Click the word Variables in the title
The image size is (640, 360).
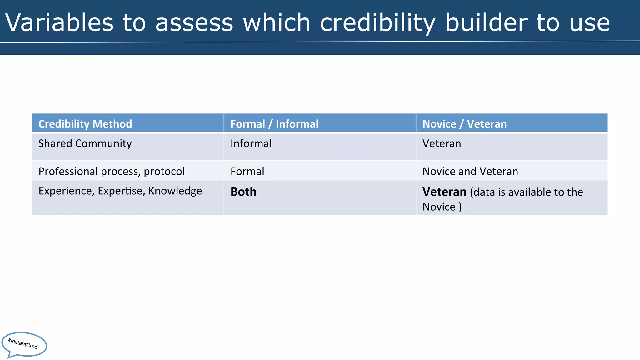click(x=59, y=23)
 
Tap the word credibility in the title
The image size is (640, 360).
click(x=377, y=23)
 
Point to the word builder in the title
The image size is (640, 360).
click(x=486, y=23)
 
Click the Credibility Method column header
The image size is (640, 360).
click(x=85, y=124)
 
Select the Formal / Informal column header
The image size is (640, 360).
click(x=274, y=124)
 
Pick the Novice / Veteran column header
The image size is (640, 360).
click(x=464, y=124)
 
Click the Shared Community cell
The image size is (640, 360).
click(x=85, y=143)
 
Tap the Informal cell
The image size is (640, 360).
click(x=251, y=143)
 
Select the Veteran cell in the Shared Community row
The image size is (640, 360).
click(x=442, y=143)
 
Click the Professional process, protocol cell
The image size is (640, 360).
click(x=112, y=171)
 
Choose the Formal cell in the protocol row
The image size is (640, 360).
click(x=247, y=171)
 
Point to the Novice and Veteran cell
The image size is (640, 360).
click(x=470, y=171)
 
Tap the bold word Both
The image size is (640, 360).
click(x=243, y=192)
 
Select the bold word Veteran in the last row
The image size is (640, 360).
click(x=444, y=192)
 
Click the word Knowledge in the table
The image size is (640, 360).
click(x=175, y=191)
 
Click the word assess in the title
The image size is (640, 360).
click(x=194, y=23)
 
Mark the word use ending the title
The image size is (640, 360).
click(x=589, y=23)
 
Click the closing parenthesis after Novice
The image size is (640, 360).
click(x=460, y=207)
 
